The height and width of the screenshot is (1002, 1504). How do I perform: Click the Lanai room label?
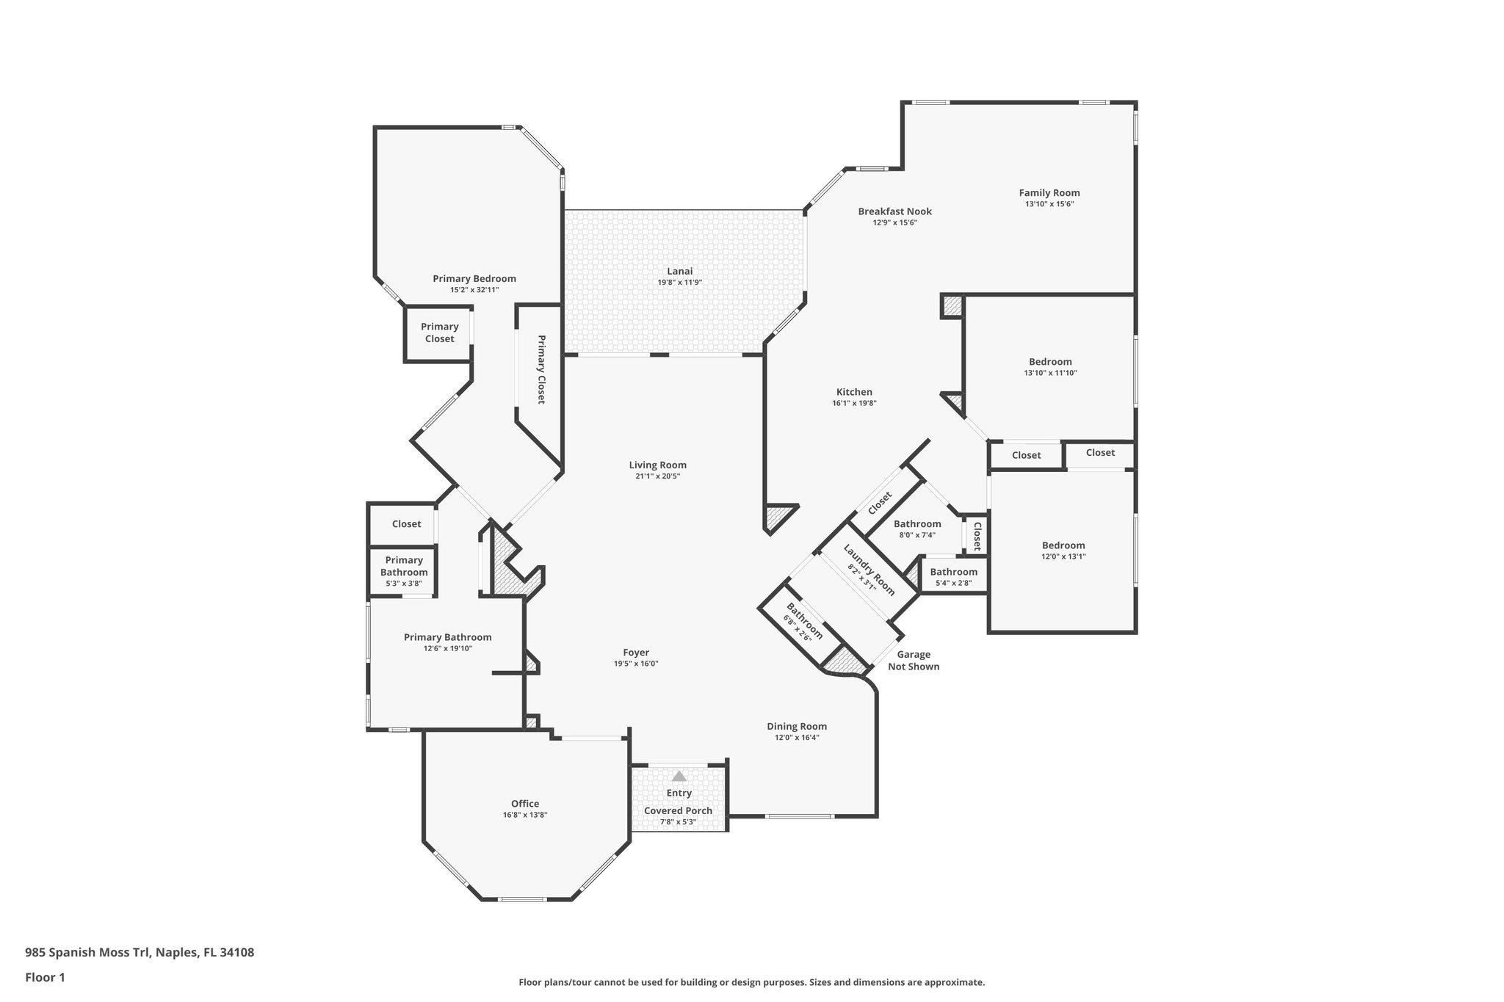(x=679, y=272)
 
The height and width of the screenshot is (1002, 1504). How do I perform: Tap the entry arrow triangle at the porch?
(x=679, y=776)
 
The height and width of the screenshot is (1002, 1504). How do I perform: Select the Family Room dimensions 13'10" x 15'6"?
(x=1049, y=204)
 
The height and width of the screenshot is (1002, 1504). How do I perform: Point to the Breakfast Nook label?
(x=894, y=211)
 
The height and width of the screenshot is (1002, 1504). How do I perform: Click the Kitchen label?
(x=854, y=392)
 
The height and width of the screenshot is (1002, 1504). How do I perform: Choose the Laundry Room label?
(x=869, y=570)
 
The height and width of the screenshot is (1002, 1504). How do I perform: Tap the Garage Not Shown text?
(x=914, y=661)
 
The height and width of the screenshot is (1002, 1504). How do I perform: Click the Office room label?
(x=525, y=804)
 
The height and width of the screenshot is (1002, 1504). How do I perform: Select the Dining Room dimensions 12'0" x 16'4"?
(x=797, y=737)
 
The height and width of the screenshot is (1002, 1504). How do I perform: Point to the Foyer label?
(x=636, y=653)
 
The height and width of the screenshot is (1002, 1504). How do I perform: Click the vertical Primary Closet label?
(x=541, y=369)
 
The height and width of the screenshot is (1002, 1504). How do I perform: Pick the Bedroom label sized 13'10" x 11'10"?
(x=1050, y=362)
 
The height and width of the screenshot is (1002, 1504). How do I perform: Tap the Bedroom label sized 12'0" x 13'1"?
(x=1063, y=545)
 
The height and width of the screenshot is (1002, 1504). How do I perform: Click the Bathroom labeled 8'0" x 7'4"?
(x=917, y=524)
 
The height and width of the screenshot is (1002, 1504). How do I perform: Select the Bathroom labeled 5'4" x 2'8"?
(x=954, y=573)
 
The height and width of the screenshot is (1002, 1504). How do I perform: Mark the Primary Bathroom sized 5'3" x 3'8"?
(x=404, y=567)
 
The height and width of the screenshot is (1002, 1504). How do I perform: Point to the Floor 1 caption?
(x=46, y=977)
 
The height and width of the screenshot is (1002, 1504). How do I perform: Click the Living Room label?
(x=657, y=465)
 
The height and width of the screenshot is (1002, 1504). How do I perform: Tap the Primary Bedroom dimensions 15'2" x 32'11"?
(x=474, y=290)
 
